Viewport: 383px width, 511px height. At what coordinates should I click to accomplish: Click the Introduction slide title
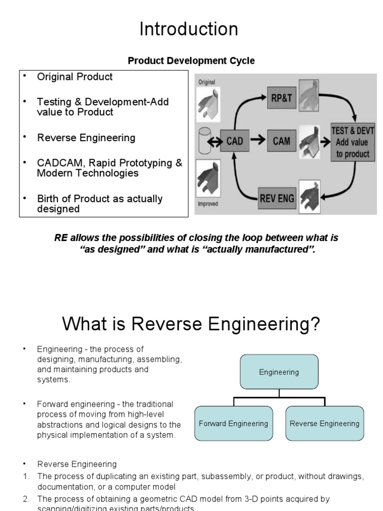click(x=189, y=29)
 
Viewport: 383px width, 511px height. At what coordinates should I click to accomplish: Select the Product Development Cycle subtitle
click(x=191, y=61)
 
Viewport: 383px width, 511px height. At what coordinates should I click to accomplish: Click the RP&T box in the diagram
click(x=282, y=98)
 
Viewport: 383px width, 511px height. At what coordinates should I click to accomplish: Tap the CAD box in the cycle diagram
click(x=234, y=141)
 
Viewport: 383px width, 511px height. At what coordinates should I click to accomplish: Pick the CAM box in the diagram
click(x=282, y=141)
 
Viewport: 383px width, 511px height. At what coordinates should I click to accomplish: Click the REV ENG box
click(x=277, y=199)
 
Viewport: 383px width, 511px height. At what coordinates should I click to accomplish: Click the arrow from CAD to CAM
click(x=257, y=141)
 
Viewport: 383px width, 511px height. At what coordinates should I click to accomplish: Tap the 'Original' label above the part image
click(x=206, y=82)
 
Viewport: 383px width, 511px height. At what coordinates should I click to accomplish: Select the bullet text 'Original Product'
click(x=75, y=77)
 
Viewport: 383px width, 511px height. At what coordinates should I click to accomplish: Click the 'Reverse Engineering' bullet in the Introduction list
click(x=86, y=138)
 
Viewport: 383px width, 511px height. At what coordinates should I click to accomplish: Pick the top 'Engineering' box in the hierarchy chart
click(x=279, y=372)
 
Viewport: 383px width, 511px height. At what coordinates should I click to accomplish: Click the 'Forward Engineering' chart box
click(x=233, y=424)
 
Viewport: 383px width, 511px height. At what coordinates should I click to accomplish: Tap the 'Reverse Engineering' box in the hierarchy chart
click(x=325, y=424)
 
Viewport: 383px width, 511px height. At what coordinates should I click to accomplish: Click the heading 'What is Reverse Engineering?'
click(x=191, y=325)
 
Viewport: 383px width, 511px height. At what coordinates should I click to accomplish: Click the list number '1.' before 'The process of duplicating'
click(x=26, y=477)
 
